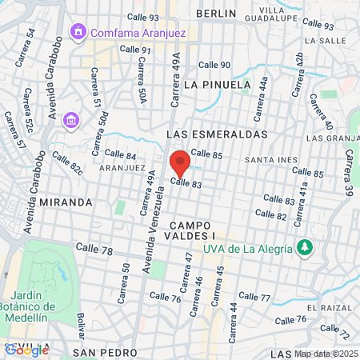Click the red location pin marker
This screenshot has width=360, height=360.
(x=180, y=163)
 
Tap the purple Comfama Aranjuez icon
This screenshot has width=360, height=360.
(x=78, y=32)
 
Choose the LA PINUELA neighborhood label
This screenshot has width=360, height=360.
(x=212, y=83)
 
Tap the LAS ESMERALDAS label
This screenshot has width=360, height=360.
(x=217, y=134)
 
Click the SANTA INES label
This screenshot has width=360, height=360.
(x=271, y=160)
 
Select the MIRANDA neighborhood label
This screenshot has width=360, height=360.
(x=66, y=202)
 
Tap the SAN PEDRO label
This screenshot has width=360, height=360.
(x=101, y=352)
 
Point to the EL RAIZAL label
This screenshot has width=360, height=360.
(x=334, y=307)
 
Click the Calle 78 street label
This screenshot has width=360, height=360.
(x=94, y=250)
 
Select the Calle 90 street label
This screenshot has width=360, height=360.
(x=214, y=65)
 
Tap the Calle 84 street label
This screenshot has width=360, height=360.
(x=120, y=154)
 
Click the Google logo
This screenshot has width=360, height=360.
(x=27, y=350)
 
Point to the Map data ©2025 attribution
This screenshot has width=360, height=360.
(x=326, y=354)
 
